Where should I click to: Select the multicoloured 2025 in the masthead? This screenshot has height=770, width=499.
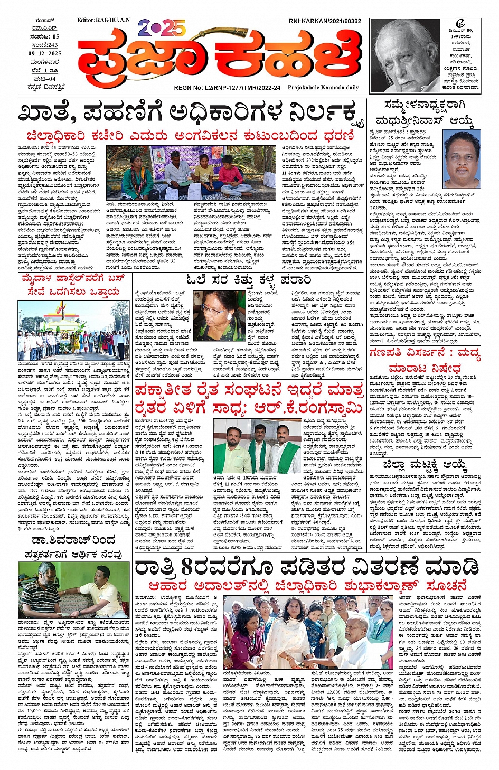[x=162, y=27]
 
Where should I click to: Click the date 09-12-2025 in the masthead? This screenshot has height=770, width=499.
[x=45, y=54]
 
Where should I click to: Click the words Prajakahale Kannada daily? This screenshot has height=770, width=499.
[x=323, y=88]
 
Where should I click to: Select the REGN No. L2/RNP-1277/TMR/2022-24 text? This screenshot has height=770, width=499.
[x=227, y=88]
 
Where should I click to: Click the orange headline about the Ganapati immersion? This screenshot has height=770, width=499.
[x=432, y=361]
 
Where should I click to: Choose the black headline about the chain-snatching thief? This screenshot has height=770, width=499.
[x=248, y=279]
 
